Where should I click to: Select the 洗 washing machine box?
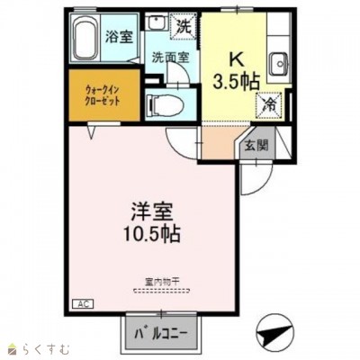coord(184,27)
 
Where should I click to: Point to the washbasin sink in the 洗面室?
coord(157,24)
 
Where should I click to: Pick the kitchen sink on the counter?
coord(281,63)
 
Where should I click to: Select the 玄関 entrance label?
coord(255,143)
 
